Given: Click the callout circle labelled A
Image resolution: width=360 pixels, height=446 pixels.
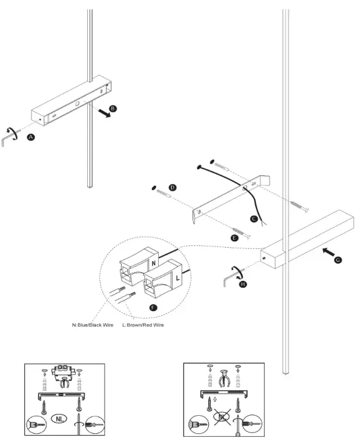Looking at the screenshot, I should click(x=31, y=137).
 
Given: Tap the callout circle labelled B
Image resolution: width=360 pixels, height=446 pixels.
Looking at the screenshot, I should click(x=113, y=108).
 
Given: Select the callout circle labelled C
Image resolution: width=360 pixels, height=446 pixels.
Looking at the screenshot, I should click(x=253, y=219).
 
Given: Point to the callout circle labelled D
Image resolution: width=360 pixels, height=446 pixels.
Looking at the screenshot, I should click(x=172, y=188).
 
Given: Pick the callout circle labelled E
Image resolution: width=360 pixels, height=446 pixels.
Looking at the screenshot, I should click(x=235, y=238).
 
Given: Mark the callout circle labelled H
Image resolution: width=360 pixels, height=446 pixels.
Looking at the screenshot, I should click(x=243, y=284).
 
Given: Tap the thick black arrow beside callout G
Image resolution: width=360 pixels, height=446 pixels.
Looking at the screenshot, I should click(x=327, y=252).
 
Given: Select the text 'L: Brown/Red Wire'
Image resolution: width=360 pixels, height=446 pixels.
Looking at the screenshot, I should click(x=143, y=324).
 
